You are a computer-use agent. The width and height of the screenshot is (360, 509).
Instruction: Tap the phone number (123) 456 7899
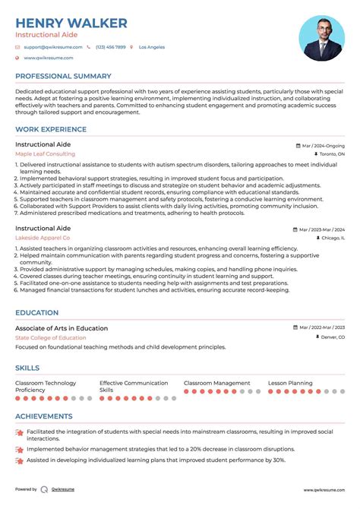pyautogui.click(x=111, y=47)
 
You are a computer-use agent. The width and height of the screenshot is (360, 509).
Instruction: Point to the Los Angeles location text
pyautogui.click(x=152, y=47)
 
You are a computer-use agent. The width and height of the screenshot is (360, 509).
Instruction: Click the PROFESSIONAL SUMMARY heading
pyautogui.click(x=63, y=76)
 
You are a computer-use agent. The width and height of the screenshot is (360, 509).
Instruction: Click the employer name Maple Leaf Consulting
pyautogui.click(x=45, y=153)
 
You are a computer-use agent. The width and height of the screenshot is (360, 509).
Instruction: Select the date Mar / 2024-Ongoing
pyautogui.click(x=322, y=144)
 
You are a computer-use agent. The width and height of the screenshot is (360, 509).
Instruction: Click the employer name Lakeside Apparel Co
pyautogui.click(x=43, y=238)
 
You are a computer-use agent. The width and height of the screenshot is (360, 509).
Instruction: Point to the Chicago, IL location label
pyautogui.click(x=333, y=238)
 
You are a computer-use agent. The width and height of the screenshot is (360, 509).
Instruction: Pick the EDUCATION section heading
pyautogui.click(x=36, y=312)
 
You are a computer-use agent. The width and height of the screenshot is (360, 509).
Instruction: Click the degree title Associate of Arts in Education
pyautogui.click(x=62, y=328)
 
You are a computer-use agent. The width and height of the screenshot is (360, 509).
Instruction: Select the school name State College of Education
pyautogui.click(x=50, y=337)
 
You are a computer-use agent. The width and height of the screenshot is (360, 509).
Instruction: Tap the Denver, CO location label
pyautogui.click(x=332, y=337)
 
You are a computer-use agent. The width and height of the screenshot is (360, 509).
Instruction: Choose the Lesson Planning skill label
pyautogui.click(x=290, y=383)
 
